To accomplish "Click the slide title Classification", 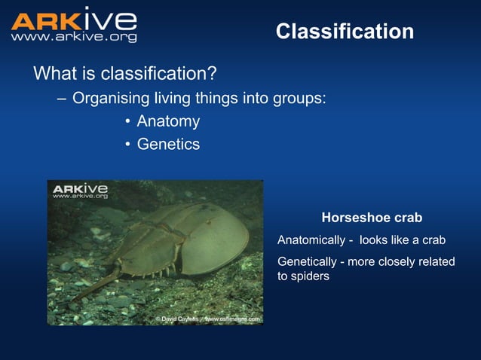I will click(345, 32).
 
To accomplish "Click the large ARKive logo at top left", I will click(74, 20).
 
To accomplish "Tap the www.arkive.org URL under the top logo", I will click(74, 37).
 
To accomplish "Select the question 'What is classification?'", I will click(125, 74).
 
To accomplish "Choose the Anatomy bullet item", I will click(168, 121).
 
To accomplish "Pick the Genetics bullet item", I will click(168, 144).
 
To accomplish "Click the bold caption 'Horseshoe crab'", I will click(372, 218).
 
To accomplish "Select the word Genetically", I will click(308, 261).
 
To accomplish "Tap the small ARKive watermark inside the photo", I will click(80, 190).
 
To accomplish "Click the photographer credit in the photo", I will click(207, 319).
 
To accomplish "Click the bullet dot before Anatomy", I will click(128, 122).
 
